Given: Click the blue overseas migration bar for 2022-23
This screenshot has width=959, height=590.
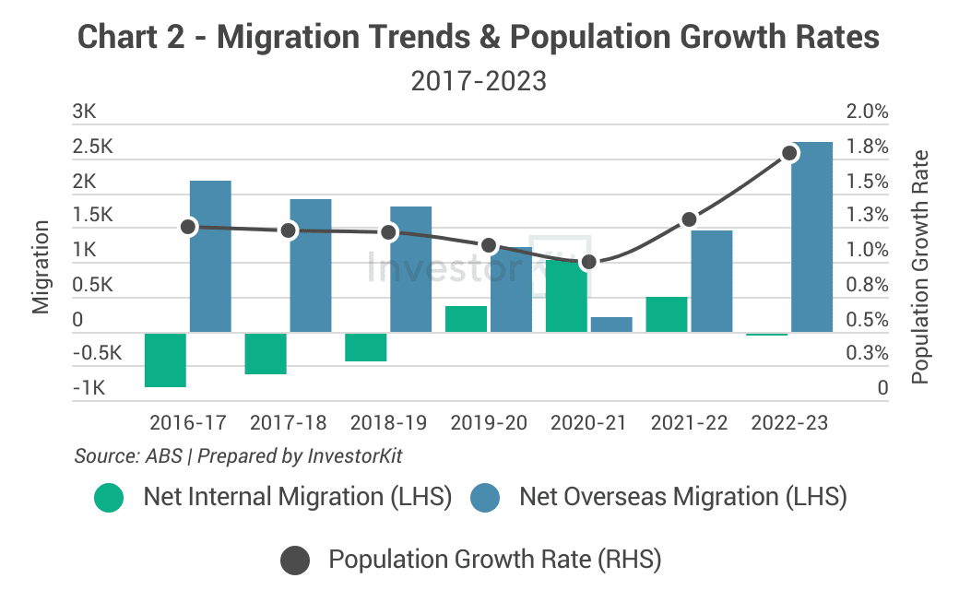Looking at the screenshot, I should point(811,237).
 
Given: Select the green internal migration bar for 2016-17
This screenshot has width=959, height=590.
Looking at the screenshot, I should point(166,360).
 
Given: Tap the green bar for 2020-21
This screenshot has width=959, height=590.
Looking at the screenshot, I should point(567,296).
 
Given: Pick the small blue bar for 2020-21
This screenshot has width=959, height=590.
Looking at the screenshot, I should point(611,324).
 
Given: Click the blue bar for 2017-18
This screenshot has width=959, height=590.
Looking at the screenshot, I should point(311,265).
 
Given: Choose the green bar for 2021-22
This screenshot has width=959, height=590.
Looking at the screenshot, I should point(667,314).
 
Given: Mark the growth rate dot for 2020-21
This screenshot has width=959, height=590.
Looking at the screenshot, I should point(590,262).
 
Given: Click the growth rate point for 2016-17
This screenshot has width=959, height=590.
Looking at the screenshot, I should point(189,226).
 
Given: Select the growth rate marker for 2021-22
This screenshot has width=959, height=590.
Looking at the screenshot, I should point(689,219).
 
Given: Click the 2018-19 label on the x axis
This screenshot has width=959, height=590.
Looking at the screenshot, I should point(388,423).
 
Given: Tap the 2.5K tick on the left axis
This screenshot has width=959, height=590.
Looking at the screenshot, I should point(92,147).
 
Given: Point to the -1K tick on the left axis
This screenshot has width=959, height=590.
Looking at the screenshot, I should point(89,388).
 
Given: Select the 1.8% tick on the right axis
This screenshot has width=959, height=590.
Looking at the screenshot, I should point(869,147).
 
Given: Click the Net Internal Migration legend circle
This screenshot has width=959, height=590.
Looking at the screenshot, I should point(108,498).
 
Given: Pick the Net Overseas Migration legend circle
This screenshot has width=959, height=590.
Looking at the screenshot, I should point(485,498).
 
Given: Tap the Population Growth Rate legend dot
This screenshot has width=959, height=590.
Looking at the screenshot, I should point(294,560).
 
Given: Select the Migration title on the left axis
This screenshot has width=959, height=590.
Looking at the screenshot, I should point(41,267).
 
